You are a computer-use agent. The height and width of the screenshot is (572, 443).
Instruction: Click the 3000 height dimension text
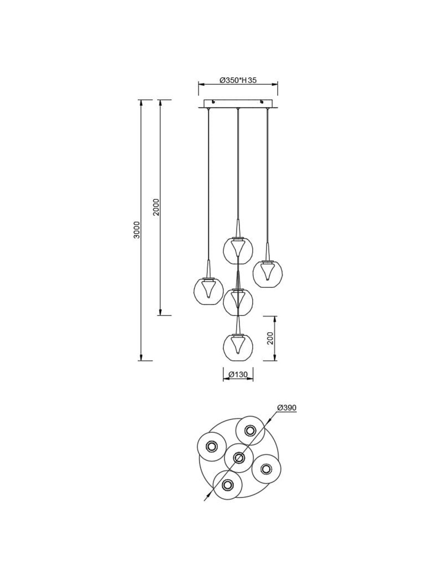point(137,230)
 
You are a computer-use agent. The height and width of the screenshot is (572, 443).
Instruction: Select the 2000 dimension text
point(156,207)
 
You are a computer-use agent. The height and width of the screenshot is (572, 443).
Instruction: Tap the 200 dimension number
point(270,338)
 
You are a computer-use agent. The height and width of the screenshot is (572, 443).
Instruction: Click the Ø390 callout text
point(287,407)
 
